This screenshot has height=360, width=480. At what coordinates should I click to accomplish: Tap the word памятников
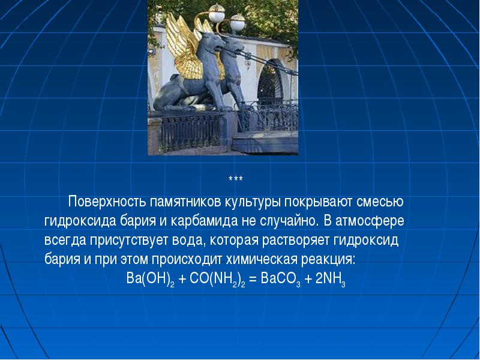[x=186, y=202]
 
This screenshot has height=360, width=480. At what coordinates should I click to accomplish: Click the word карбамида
[x=204, y=221]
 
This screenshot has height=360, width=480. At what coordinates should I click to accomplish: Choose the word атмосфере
[x=370, y=221]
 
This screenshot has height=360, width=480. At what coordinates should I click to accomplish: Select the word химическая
[x=262, y=260]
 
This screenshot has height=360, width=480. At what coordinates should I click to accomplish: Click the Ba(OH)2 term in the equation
[x=151, y=279]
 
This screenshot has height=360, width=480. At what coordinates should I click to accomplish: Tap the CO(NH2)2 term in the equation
[x=217, y=279]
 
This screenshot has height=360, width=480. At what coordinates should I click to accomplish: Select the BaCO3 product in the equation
[x=280, y=279]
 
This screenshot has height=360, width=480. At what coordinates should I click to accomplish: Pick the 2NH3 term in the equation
[x=331, y=279]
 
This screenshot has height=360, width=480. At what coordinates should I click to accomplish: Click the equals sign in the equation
[x=253, y=279]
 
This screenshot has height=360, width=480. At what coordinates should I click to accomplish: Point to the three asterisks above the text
[x=236, y=178]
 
